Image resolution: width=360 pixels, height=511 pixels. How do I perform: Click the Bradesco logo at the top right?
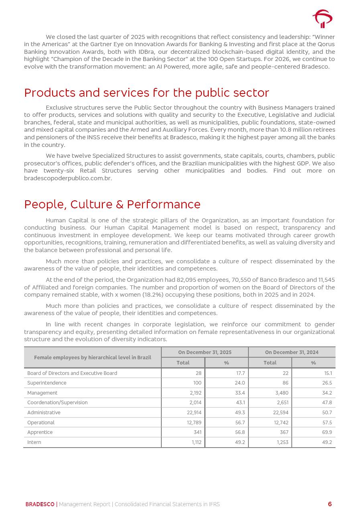[x=322, y=18]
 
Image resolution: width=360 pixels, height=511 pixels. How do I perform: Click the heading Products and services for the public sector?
[x=146, y=93]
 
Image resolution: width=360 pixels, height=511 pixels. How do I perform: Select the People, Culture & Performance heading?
[x=112, y=204]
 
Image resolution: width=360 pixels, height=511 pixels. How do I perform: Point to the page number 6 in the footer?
[x=330, y=504]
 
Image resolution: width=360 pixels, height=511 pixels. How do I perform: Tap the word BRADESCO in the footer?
[x=40, y=504]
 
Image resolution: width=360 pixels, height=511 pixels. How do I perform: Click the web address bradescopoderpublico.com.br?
[x=67, y=178]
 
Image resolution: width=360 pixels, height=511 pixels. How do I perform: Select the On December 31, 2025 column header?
[x=205, y=352]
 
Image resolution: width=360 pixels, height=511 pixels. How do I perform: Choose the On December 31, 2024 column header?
[x=291, y=352]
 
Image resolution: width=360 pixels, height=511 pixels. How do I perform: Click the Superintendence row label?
[x=47, y=383]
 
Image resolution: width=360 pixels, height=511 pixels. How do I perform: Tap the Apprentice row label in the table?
[x=40, y=432]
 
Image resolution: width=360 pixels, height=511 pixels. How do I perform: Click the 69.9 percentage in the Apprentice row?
[x=327, y=432]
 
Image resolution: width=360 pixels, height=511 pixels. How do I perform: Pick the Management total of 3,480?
[x=282, y=393]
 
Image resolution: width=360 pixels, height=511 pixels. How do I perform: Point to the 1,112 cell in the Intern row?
[x=196, y=442]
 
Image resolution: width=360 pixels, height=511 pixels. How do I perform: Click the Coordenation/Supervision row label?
[x=57, y=403]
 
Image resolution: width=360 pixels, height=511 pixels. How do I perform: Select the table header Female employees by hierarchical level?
[x=92, y=357]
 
